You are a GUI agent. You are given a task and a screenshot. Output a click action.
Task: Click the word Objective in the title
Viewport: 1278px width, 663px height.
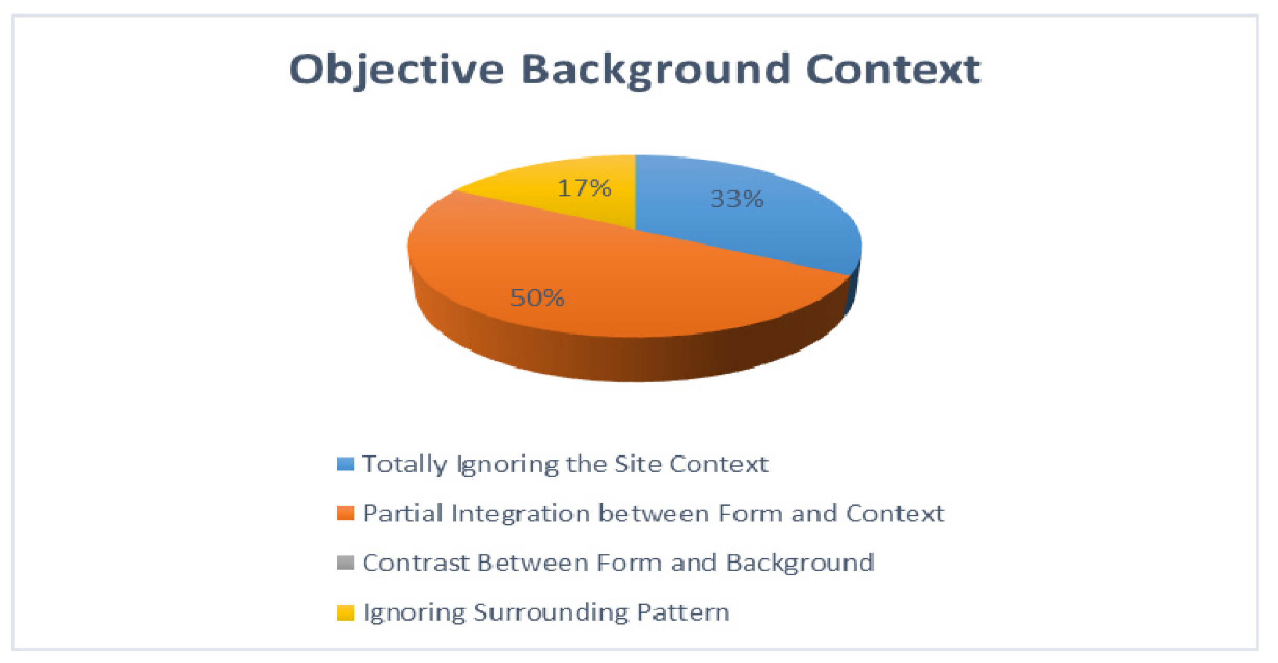click(x=397, y=70)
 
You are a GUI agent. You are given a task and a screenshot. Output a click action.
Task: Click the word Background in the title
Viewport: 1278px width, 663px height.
click(x=655, y=70)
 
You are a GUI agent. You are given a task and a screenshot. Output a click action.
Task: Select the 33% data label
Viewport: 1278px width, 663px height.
click(x=737, y=199)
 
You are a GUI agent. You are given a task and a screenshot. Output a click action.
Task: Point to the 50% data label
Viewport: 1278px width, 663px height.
click(x=537, y=298)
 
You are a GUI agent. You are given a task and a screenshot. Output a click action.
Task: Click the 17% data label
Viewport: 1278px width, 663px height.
click(x=584, y=188)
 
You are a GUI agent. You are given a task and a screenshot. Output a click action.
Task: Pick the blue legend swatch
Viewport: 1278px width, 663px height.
click(x=345, y=464)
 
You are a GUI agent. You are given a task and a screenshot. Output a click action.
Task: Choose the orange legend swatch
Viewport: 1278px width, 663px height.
click(x=345, y=513)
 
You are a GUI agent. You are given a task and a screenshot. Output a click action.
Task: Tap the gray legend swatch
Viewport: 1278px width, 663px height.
click(x=345, y=563)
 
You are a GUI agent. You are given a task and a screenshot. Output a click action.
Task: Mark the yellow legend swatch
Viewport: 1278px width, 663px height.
click(x=345, y=612)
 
